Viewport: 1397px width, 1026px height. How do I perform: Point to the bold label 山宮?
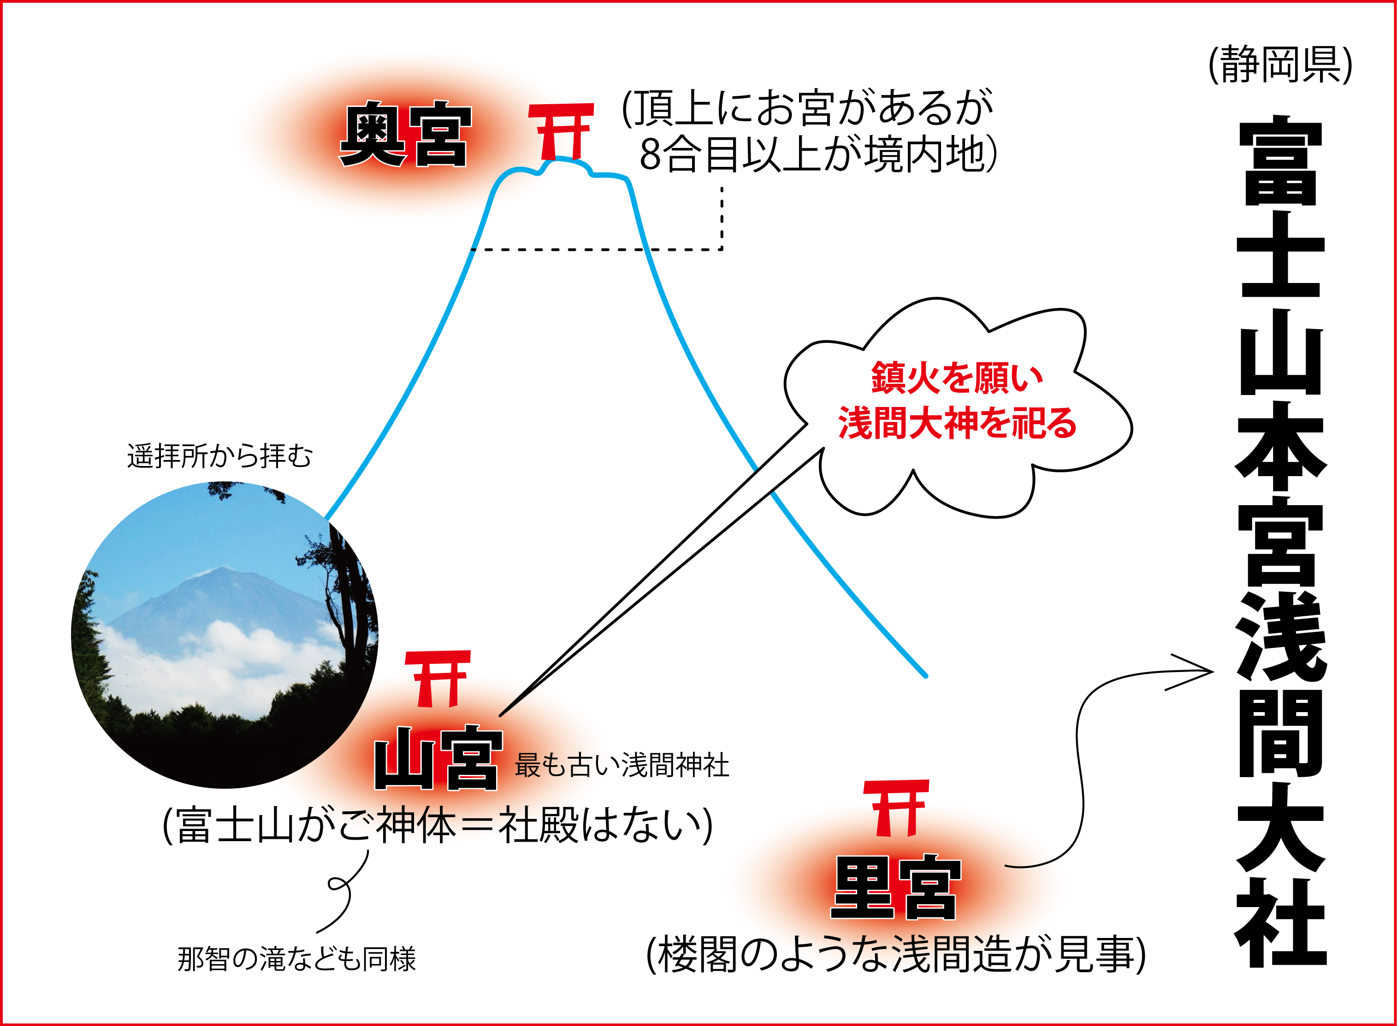pyautogui.click(x=438, y=758)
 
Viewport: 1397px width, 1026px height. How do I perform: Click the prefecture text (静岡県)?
pyautogui.click(x=1280, y=65)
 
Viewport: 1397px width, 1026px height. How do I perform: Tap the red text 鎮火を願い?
pyautogui.click(x=957, y=377)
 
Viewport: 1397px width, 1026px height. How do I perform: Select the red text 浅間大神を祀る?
pyautogui.click(x=957, y=423)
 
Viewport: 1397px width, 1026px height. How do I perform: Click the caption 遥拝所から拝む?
pyautogui.click(x=220, y=456)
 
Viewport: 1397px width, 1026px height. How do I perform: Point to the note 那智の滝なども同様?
pyautogui.click(x=296, y=959)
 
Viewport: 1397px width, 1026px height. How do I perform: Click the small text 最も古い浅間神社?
pyautogui.click(x=622, y=765)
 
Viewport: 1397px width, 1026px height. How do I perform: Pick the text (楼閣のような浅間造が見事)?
pyautogui.click(x=896, y=955)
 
